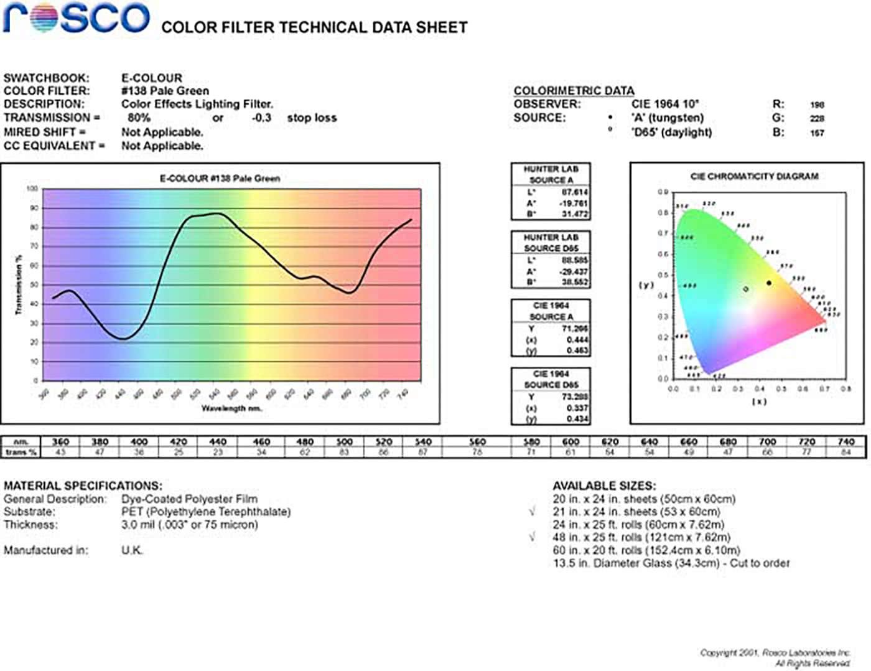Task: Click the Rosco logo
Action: pyautogui.click(x=76, y=18)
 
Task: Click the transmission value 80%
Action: pyautogui.click(x=139, y=118)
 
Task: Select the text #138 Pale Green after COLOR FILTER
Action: pyautogui.click(x=165, y=91)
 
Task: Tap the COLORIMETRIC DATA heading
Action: pyautogui.click(x=574, y=91)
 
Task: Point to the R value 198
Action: pyautogui.click(x=817, y=105)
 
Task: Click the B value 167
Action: pyautogui.click(x=817, y=133)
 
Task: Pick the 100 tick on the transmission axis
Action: pyautogui.click(x=32, y=189)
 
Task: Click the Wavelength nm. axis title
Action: pyautogui.click(x=231, y=408)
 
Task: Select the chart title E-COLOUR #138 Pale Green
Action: pyautogui.click(x=220, y=179)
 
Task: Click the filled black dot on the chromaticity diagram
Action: pyautogui.click(x=769, y=283)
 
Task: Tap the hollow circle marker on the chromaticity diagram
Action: pyautogui.click(x=746, y=289)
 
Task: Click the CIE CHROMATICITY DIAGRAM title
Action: pyautogui.click(x=754, y=177)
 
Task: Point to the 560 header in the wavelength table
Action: pyautogui.click(x=477, y=442)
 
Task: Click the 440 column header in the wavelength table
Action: pyautogui.click(x=218, y=442)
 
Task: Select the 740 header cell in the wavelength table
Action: pyautogui.click(x=846, y=442)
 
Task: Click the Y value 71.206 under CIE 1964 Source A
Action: pyautogui.click(x=575, y=329)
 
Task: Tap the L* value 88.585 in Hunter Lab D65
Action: pyautogui.click(x=575, y=260)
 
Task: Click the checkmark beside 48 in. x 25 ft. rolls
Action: pyautogui.click(x=532, y=537)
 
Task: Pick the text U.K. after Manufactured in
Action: pyautogui.click(x=132, y=550)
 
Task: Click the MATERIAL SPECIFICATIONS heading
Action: pyautogui.click(x=83, y=486)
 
